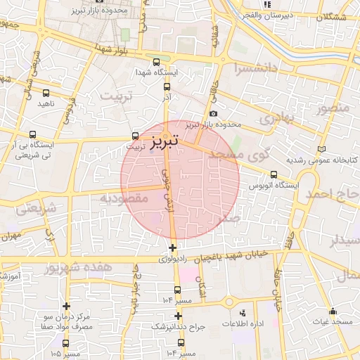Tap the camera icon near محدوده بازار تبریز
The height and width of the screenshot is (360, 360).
pos(213,114)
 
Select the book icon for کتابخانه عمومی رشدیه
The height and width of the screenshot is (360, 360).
pos(322,150)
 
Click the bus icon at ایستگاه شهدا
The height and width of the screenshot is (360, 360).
pos(156,63)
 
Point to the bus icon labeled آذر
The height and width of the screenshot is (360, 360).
pos(167,87)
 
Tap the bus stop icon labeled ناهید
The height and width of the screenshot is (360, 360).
pos(46,93)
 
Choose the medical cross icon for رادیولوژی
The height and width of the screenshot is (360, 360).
pos(173,247)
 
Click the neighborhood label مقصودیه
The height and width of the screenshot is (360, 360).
pos(124,198)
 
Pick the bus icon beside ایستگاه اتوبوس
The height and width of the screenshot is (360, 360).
pos(274,175)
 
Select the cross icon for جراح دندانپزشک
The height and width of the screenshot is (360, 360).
pos(178,316)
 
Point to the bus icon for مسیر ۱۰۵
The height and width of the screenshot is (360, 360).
pos(66,343)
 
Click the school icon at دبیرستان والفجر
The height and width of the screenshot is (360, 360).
pos(266,6)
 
